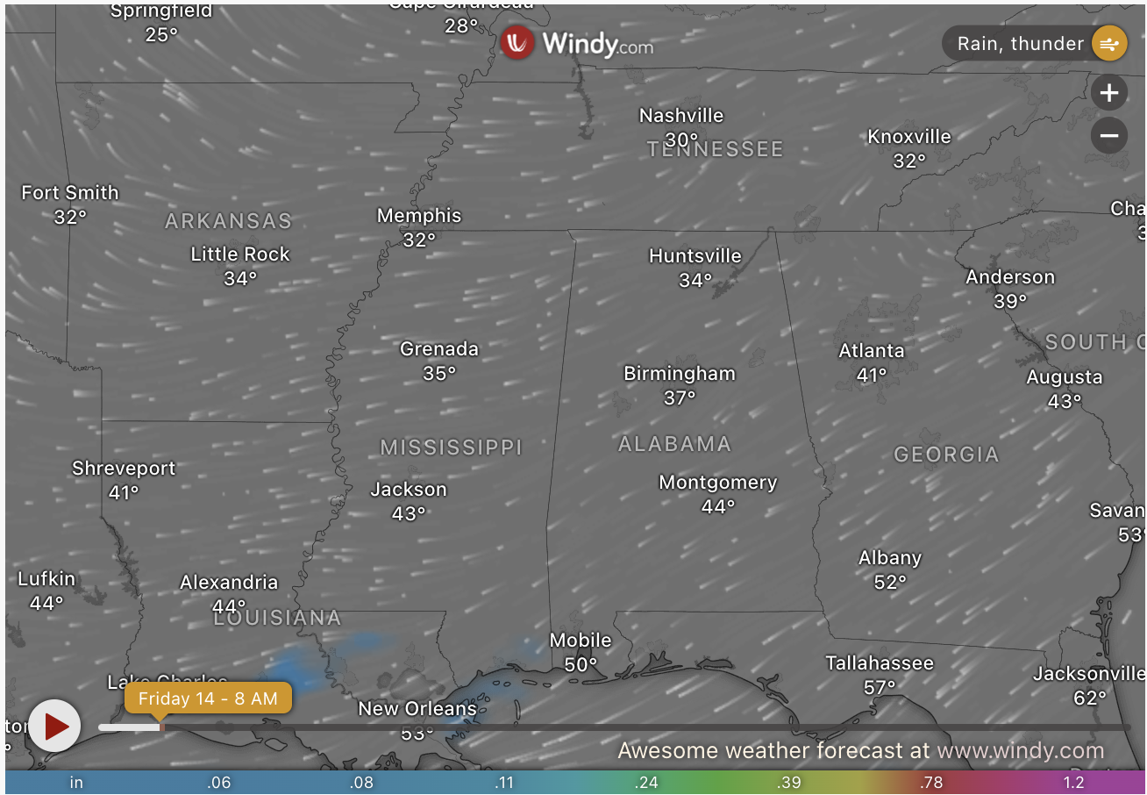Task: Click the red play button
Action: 54,726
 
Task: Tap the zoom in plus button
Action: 1109,92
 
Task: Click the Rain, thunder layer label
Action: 1020,44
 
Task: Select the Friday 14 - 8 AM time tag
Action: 208,698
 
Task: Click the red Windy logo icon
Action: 517,42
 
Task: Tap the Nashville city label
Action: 681,116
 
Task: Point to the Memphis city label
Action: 419,216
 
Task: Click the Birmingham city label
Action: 680,374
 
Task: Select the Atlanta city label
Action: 872,351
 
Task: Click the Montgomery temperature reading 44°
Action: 718,506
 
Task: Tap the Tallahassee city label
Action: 880,663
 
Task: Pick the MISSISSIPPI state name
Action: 451,448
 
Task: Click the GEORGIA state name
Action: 946,455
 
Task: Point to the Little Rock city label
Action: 240,254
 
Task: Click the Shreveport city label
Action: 124,469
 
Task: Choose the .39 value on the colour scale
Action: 789,783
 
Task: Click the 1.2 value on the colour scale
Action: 1073,783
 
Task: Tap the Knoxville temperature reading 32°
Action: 909,161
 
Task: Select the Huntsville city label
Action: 695,256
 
